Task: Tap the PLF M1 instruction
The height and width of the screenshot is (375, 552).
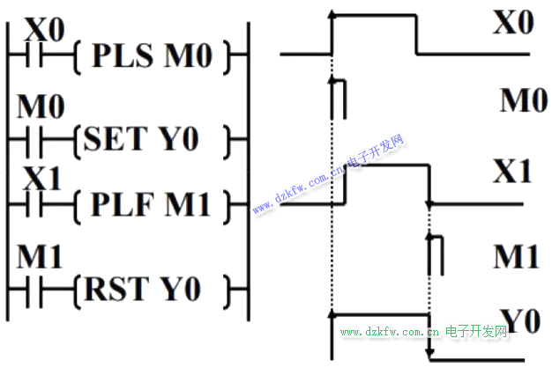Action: [158, 206]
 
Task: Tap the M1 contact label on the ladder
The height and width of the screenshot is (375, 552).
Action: [41, 259]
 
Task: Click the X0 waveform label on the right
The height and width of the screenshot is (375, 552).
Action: [513, 23]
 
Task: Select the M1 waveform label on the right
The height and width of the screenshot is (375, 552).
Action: [517, 256]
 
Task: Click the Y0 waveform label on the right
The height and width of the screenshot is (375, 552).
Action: [519, 320]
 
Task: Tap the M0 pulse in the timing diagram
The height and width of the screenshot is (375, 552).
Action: [337, 97]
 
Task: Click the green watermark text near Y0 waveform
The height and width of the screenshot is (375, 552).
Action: [424, 332]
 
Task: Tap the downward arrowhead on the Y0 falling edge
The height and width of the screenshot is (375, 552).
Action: [429, 354]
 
